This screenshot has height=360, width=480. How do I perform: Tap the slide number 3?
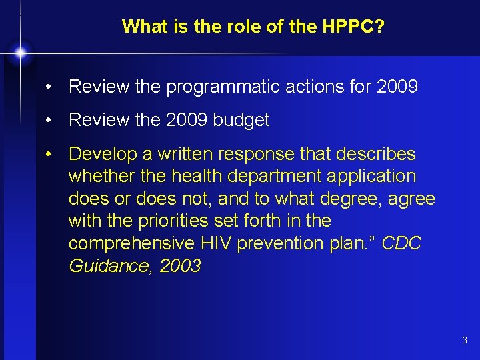pos(465,341)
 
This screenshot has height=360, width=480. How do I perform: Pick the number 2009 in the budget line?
pos(187,120)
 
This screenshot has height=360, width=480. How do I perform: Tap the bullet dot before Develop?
pos(49,154)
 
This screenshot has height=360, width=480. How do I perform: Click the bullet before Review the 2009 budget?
pos(49,120)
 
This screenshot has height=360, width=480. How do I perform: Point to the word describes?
pos(377,154)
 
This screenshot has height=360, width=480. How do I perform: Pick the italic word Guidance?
pos(109,265)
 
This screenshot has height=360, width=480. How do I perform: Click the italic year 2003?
pos(181,265)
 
